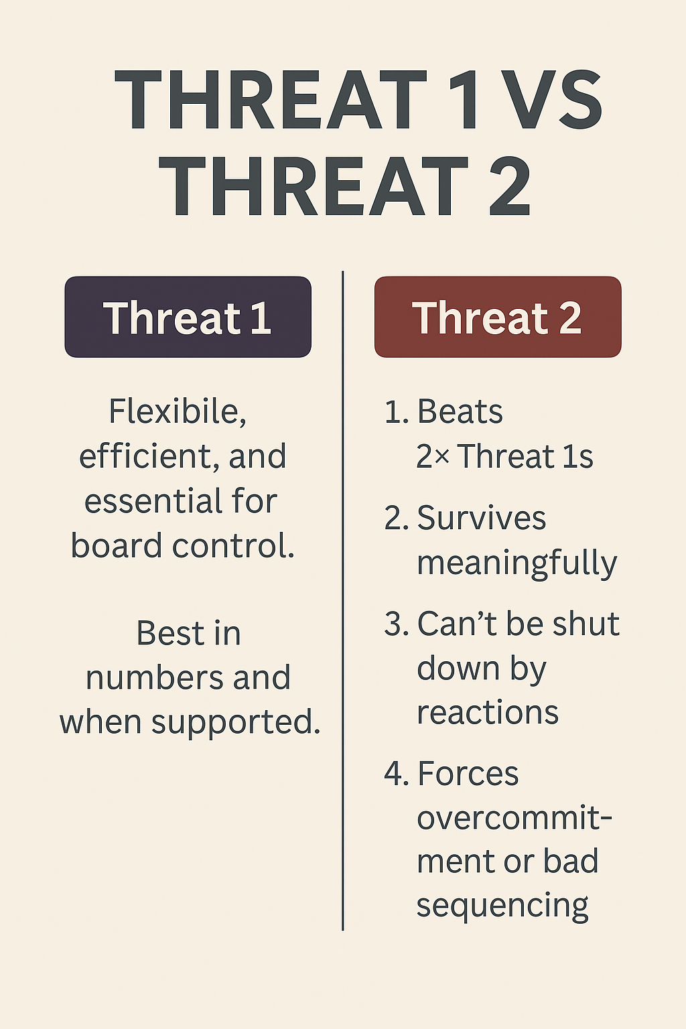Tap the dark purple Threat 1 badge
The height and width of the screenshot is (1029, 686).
pos(188,316)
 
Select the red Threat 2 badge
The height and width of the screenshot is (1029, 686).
pos(498,316)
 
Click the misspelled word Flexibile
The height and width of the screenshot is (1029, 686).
pos(178,411)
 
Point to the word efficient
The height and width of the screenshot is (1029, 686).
pos(145,456)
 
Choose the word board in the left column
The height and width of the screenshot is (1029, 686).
pos(116,545)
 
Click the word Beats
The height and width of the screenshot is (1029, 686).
pos(460,411)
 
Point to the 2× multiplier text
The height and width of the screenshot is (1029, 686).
pos(432,456)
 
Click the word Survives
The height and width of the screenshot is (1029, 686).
pos(482,518)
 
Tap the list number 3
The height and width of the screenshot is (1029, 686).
pos(393,624)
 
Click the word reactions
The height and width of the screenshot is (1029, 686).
pos(488,713)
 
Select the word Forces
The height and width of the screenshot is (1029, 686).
pos(468,774)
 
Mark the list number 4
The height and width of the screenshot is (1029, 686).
pos(393,774)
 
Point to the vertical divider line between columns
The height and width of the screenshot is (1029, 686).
pos(343,601)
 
